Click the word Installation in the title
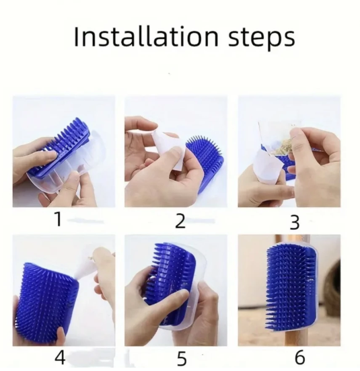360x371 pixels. (x=146, y=37)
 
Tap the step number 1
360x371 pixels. (x=59, y=219)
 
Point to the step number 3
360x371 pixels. (x=295, y=222)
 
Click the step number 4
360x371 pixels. (x=60, y=358)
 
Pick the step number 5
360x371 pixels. (x=182, y=359)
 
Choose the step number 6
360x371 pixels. (x=299, y=357)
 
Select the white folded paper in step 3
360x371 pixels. (x=268, y=168)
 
